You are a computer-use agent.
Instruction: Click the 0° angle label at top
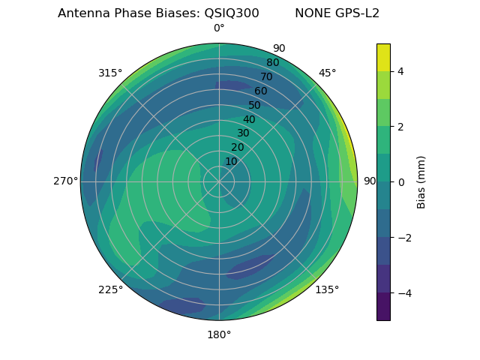pos(219,28)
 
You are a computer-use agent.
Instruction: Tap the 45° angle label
pos(327,73)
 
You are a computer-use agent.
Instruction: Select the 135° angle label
pos(327,289)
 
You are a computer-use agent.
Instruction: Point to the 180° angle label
pos(219,334)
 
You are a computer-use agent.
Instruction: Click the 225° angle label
pos(110,289)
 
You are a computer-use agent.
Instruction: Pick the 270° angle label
pos(65,181)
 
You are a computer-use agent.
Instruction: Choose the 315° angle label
pos(110,73)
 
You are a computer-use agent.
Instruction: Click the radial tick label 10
pos(231,162)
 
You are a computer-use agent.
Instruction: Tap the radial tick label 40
pos(249,119)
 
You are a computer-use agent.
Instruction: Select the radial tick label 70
pos(266,76)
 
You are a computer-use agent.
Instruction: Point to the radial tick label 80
pos(272,62)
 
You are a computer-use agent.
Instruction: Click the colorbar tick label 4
pos(400,71)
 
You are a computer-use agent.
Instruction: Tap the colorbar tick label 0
pos(400,182)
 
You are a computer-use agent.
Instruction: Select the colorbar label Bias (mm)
pos(421,182)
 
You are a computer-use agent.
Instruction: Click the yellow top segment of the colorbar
pos(383,57)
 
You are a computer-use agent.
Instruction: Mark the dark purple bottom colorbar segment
pos(383,307)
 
